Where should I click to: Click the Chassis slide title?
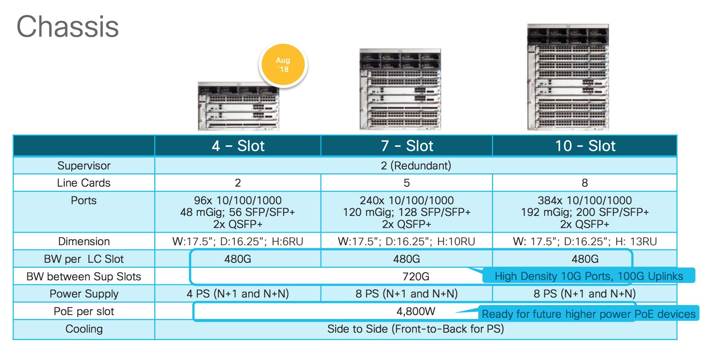(68, 27)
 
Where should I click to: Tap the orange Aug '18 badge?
(283, 65)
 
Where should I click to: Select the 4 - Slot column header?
(238, 146)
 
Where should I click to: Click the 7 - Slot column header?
(407, 146)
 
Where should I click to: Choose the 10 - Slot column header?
(585, 146)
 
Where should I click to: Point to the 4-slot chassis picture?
(238, 106)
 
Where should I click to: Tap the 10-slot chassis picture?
(568, 77)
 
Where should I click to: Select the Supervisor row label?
(84, 166)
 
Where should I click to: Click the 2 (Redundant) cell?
(416, 166)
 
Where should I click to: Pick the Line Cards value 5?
(407, 183)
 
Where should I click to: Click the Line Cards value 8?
(585, 183)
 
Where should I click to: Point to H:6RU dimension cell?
(238, 241)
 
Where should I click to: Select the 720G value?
(416, 276)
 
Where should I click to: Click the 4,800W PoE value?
(416, 311)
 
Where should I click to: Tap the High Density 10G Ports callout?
(589, 276)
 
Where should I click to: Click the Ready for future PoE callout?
(588, 314)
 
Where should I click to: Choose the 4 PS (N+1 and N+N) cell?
(238, 294)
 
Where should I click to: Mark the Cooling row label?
(84, 329)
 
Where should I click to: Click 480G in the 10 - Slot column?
(585, 259)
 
